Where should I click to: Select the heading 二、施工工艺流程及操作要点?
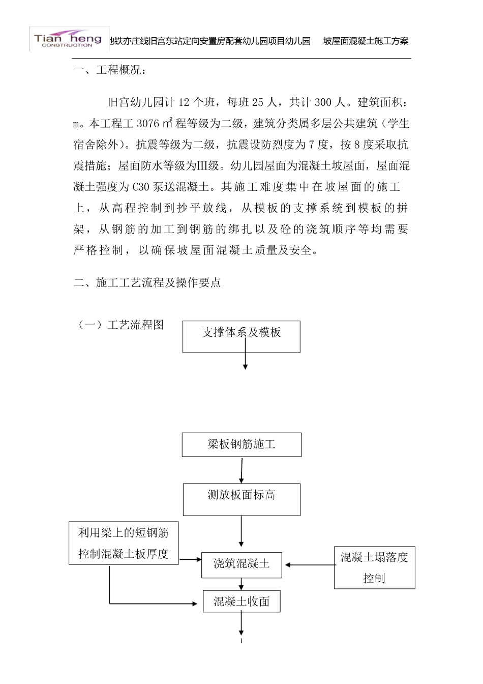(147, 283)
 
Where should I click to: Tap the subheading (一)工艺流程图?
(120, 325)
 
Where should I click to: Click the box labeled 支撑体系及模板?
(242, 336)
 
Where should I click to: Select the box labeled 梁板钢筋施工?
(242, 444)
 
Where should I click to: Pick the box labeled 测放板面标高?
(242, 499)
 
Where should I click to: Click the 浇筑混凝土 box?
(242, 564)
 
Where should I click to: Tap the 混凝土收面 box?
(242, 602)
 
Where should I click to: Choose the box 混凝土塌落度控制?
(374, 567)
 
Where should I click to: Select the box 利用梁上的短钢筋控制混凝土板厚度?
(124, 544)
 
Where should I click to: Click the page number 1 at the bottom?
(242, 641)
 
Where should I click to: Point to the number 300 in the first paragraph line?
(323, 102)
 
